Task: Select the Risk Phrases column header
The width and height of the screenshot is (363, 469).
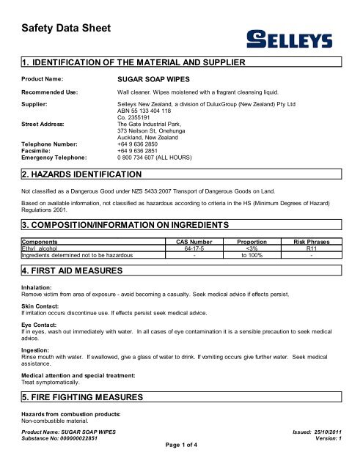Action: pos(311,240)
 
